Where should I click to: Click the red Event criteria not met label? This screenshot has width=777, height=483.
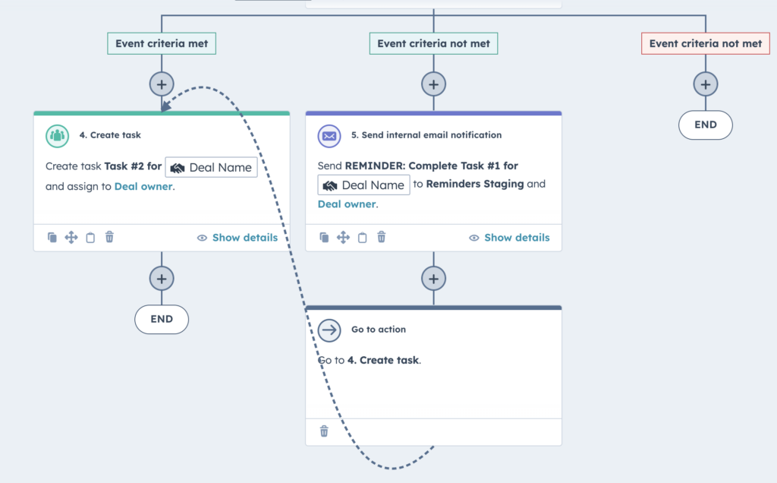point(705,44)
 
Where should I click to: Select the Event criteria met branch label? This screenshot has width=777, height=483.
point(162,44)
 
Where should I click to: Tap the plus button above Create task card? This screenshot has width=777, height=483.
point(162,84)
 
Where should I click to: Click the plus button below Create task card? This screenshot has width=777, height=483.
point(162,279)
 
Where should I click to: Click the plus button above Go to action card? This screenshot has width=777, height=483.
point(433,279)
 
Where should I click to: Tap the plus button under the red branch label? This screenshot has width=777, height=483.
point(705,84)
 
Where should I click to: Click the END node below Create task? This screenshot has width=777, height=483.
point(162,320)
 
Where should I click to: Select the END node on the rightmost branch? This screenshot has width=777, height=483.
point(705,125)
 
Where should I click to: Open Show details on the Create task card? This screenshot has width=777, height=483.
point(238,238)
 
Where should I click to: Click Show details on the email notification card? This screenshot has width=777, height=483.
point(509,238)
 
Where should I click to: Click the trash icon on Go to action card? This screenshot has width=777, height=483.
point(324,431)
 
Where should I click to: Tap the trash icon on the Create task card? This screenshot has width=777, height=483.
point(109,238)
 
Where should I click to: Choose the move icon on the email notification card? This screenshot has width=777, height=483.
point(343,238)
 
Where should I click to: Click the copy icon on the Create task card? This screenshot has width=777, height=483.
point(52,238)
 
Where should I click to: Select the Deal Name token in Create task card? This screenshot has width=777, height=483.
point(211,167)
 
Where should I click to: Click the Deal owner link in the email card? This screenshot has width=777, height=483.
point(346,204)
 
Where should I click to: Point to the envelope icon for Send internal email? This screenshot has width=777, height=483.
point(329,136)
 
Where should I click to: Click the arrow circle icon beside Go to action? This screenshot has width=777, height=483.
point(329,330)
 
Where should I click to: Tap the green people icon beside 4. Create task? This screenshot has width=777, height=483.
point(58,136)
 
